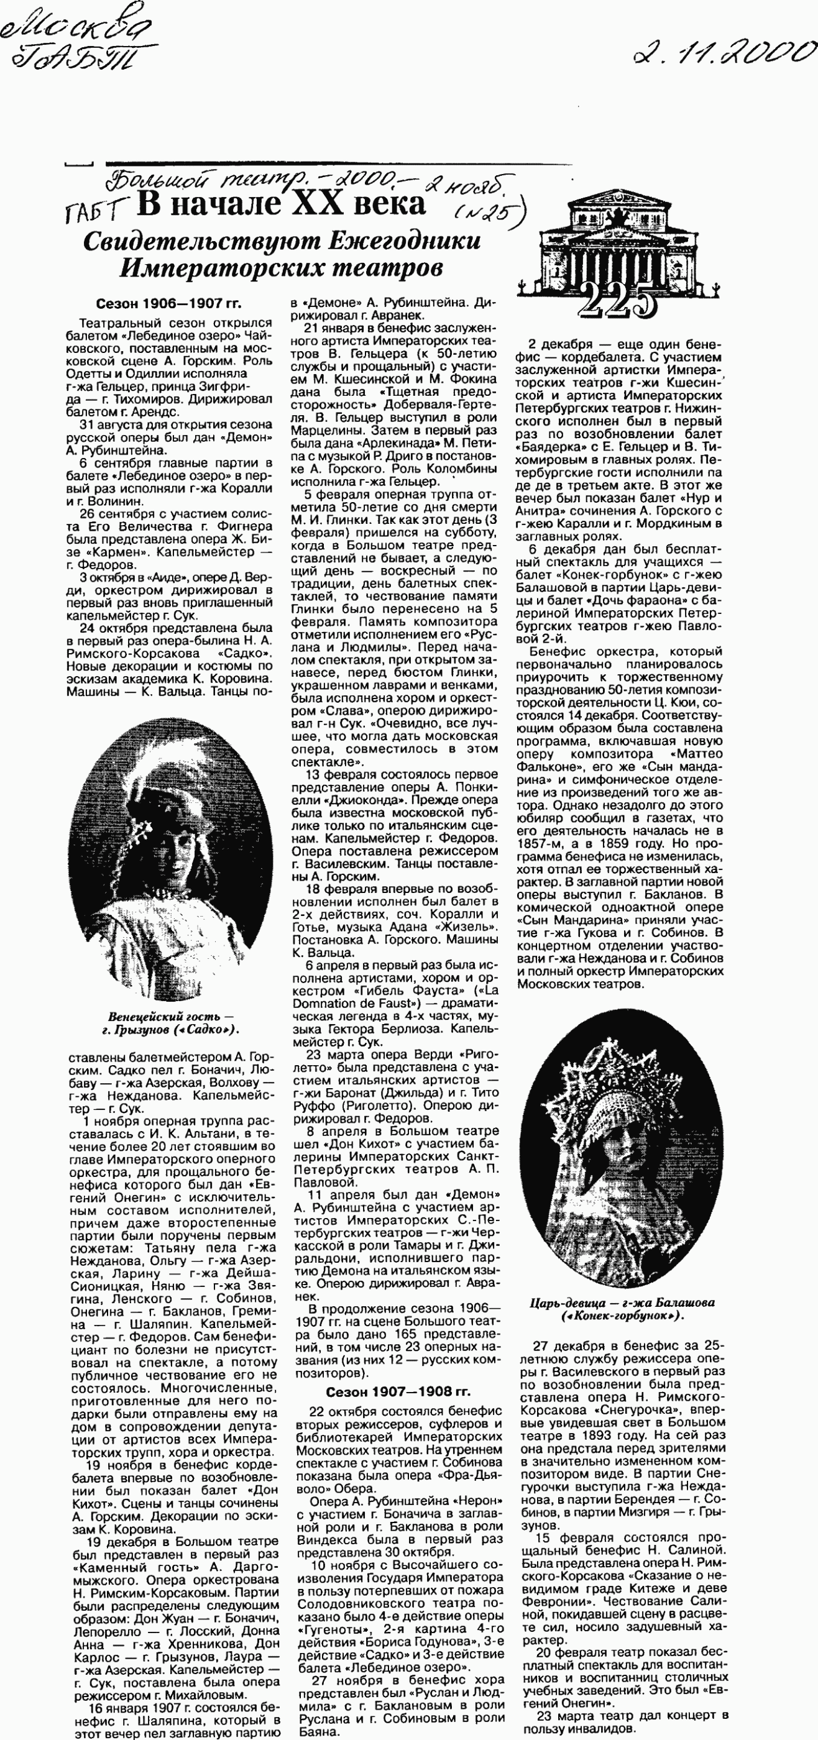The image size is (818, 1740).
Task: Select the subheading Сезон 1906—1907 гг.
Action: [x=168, y=304]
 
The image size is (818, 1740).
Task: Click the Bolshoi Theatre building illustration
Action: [x=617, y=240]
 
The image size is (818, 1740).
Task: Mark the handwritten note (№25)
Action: [x=489, y=214]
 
